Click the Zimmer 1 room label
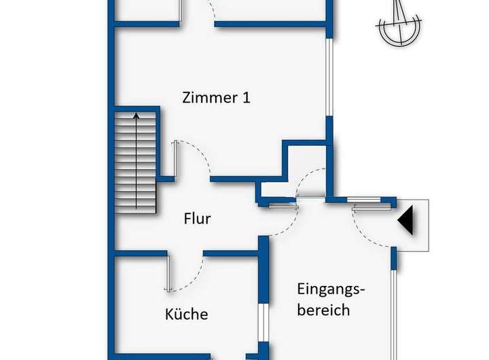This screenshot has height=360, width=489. click(x=216, y=97)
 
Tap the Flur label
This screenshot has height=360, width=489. click(x=197, y=219)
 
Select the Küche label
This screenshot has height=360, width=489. click(x=186, y=314)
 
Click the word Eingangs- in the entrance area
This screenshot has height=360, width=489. click(x=331, y=288)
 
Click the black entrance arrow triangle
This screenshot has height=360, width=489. click(x=405, y=221)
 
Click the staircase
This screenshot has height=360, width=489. click(x=136, y=160)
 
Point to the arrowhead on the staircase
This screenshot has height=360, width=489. click(x=136, y=116)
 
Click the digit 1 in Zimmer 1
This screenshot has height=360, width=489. click(x=245, y=97)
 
